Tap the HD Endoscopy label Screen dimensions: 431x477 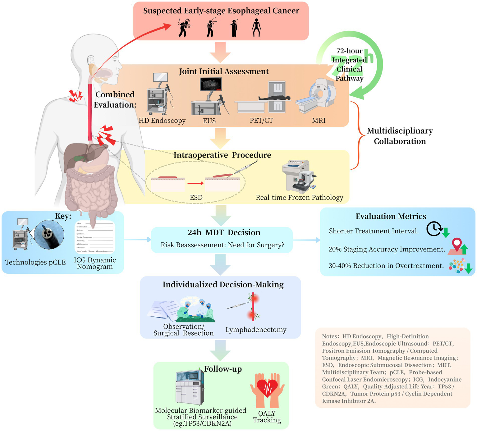tap(162, 121)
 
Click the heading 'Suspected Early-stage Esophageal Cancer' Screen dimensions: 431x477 tap(221, 11)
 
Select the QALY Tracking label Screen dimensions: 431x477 tap(267, 417)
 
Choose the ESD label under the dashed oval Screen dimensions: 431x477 tap(196, 197)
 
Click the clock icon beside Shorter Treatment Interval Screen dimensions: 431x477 tap(434, 229)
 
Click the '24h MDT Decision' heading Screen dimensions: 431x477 tap(224, 232)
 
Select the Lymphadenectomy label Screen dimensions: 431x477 tap(256, 330)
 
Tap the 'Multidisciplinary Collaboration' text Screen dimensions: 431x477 tap(400, 136)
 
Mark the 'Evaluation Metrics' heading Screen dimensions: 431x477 tap(391, 216)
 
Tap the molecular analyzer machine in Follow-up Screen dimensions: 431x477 tap(190, 387)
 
